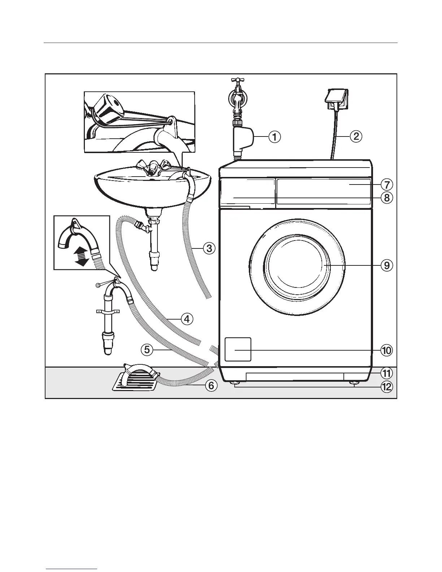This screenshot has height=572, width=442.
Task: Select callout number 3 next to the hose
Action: pyautogui.click(x=209, y=248)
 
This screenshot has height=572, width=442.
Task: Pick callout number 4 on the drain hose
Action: pyautogui.click(x=187, y=319)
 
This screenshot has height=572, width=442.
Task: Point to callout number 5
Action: pyautogui.click(x=146, y=350)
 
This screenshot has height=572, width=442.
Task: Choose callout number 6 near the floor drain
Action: pyautogui.click(x=211, y=386)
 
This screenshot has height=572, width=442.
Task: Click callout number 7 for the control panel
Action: pyautogui.click(x=386, y=185)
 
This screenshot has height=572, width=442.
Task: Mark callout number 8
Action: pyautogui.click(x=386, y=198)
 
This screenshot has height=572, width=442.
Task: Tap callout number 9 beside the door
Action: pyautogui.click(x=386, y=265)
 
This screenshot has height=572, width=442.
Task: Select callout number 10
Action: pyautogui.click(x=386, y=350)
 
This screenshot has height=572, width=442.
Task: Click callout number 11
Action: pyautogui.click(x=386, y=373)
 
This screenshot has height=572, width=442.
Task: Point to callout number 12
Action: pyautogui.click(x=386, y=387)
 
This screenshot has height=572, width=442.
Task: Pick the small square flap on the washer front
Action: pyautogui.click(x=238, y=349)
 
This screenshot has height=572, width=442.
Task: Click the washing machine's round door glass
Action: pyautogui.click(x=296, y=265)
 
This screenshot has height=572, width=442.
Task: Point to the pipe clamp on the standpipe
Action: pyautogui.click(x=107, y=311)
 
